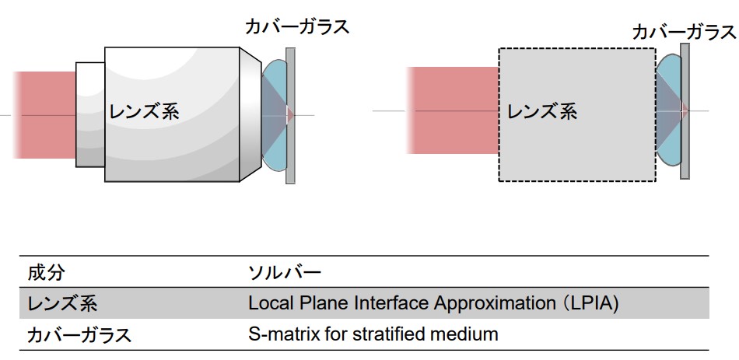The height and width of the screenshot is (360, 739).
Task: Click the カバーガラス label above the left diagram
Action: pos(297,26)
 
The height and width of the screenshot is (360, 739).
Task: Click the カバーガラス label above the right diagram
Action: pos(685,33)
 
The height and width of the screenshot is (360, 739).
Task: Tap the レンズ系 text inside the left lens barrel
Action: pos(144,112)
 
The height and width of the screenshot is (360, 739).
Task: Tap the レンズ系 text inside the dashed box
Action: pos(542,112)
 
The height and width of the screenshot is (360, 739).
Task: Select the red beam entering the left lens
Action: pos(44,115)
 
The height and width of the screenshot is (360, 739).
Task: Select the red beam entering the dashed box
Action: pos(453,110)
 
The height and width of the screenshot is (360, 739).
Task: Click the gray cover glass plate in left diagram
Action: pos(290,115)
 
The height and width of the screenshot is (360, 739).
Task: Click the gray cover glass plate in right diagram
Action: pos(685,111)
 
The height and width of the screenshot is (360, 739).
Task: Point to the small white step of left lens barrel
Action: pos(90,114)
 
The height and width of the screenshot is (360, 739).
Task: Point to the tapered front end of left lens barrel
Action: pos(250,114)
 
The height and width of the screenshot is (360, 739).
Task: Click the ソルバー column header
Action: pos(285,272)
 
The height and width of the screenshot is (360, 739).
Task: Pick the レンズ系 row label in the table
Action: pos(62,303)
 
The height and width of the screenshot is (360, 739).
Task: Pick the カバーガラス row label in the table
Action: pos(79,335)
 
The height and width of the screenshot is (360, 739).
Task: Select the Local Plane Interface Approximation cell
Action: pos(433,303)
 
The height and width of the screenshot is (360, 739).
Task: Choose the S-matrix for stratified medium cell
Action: pos(373,334)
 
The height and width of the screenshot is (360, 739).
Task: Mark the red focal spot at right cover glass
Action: pos(685,110)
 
